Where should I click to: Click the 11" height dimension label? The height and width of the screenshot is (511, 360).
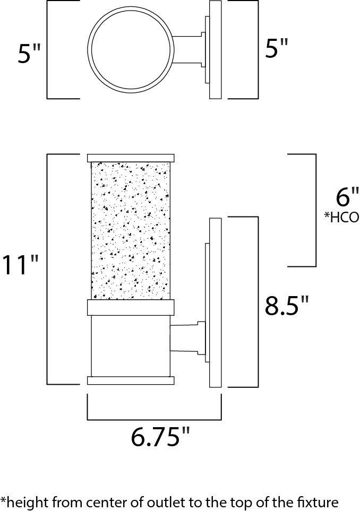coord(21,265)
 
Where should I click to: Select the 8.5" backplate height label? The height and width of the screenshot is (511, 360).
coord(287,306)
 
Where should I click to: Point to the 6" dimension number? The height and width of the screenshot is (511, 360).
coord(348,198)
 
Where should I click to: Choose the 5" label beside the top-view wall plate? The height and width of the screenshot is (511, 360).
coord(276,50)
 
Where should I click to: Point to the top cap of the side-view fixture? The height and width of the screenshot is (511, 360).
coord(131,158)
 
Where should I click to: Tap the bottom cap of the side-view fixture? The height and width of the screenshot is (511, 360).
coord(131,380)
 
